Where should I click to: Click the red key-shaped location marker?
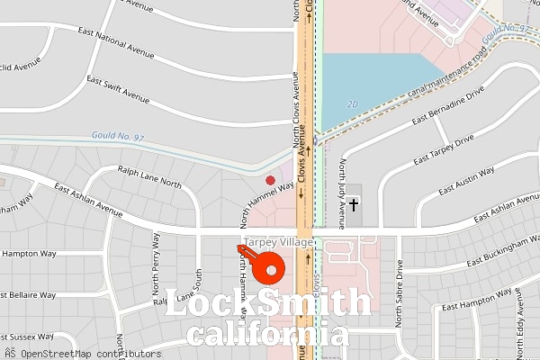click(266, 266)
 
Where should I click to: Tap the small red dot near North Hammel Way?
click(270, 181)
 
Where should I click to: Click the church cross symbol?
click(354, 205)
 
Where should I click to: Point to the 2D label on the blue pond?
click(352, 104)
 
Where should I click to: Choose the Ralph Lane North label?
click(149, 175)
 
